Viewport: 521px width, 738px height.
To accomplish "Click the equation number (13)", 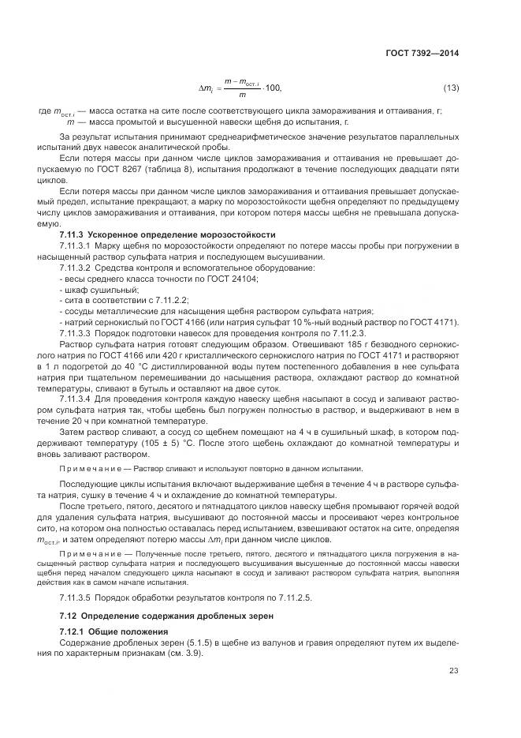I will (451, 86).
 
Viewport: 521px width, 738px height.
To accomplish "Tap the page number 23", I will (454, 671).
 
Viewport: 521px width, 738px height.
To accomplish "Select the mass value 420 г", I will (180, 356).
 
